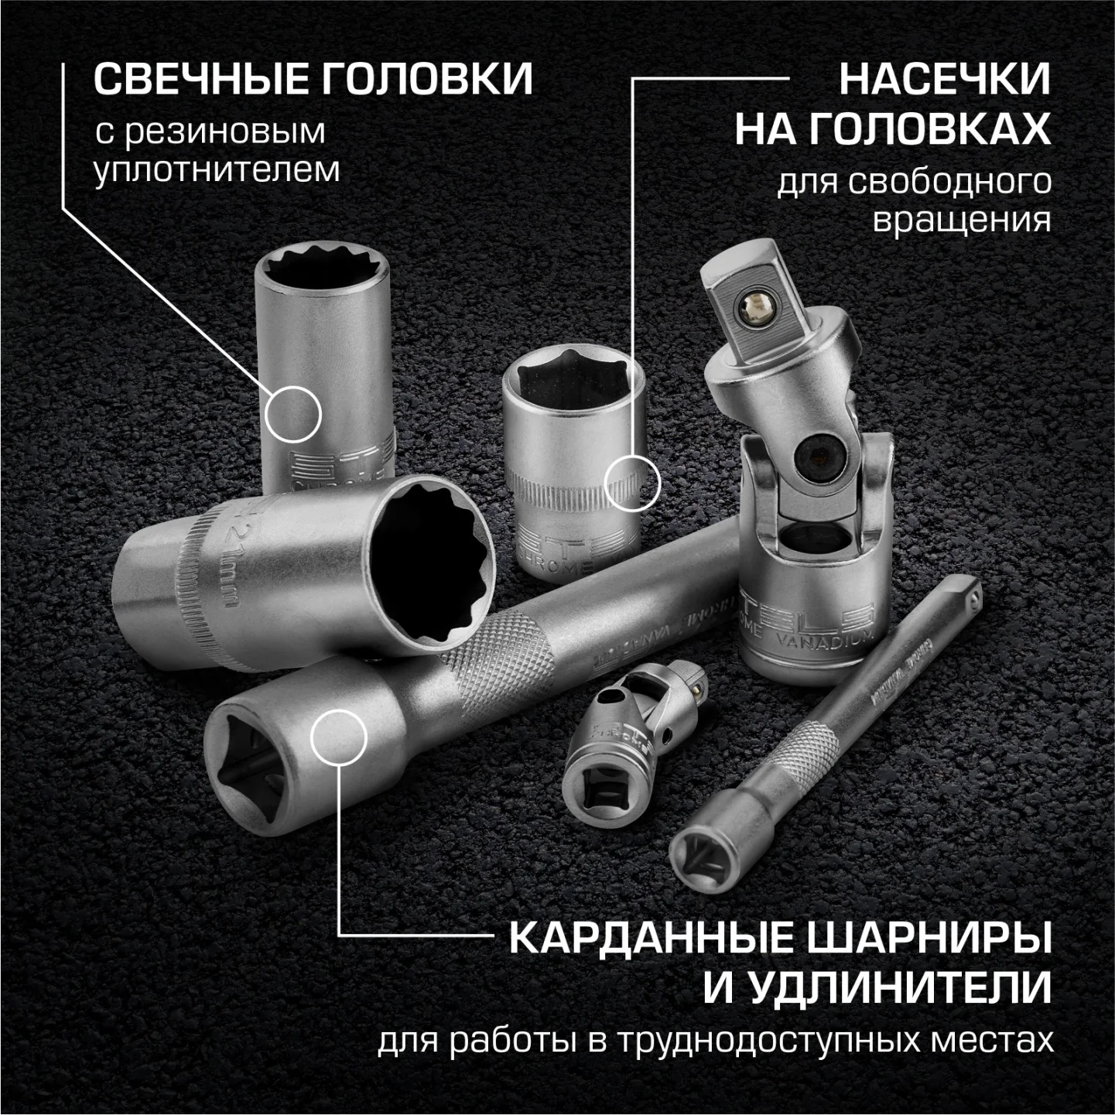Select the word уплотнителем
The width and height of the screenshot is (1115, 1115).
click(x=217, y=169)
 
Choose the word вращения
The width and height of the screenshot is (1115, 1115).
click(x=962, y=221)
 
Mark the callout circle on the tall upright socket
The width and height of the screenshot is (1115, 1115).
click(x=292, y=414)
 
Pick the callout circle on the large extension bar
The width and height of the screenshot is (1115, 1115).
click(x=338, y=736)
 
